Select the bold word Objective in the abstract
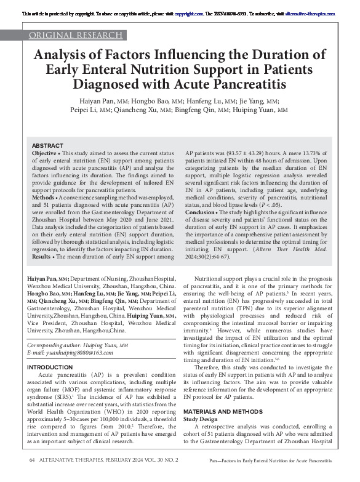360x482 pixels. (x=44, y=153)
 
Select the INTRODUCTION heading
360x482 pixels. (x=55, y=368)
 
